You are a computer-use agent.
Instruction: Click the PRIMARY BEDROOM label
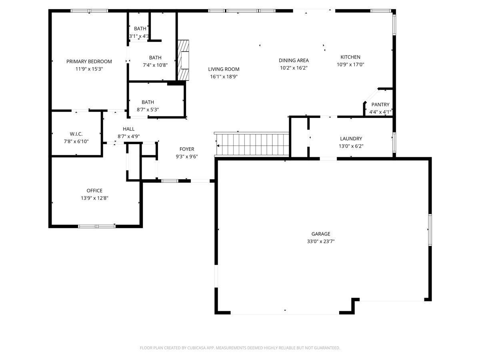coord(89,62)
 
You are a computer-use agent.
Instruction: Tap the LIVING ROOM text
coord(224,69)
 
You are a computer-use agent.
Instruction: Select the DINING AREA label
coord(294,60)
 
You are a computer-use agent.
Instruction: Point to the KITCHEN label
coord(350,57)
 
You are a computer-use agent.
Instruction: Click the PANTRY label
coord(380,104)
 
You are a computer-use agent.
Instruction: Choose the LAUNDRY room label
coord(351,138)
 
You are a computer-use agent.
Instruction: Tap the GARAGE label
coord(320,234)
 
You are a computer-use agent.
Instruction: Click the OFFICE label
coord(94,191)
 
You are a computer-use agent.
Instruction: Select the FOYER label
coord(187,149)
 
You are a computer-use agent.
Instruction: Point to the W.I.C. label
coord(76,134)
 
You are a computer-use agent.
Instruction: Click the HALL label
coord(128,129)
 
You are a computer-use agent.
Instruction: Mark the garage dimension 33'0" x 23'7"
coord(320,241)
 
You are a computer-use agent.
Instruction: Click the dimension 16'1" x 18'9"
coord(224,76)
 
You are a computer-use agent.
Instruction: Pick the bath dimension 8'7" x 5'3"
coord(148,110)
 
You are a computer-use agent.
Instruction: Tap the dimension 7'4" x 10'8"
coord(155,65)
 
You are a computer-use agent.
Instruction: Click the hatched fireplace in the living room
coord(183,60)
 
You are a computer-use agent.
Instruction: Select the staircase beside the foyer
coord(252,144)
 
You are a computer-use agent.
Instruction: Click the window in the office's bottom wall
coord(97,226)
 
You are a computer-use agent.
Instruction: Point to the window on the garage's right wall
coord(430,230)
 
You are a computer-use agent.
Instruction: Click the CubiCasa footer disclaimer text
coord(240,348)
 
